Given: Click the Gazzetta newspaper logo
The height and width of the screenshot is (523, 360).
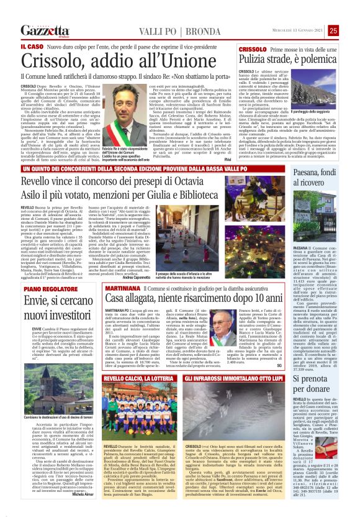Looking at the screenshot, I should (x=44, y=30).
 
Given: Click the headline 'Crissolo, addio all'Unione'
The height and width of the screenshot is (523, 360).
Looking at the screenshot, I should (x=118, y=63).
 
